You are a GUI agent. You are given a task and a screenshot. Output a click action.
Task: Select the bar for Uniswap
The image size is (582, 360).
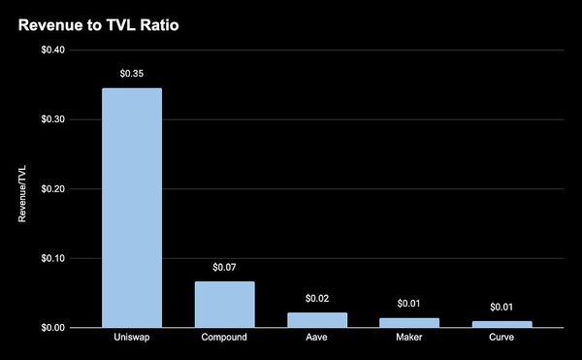coord(132,208)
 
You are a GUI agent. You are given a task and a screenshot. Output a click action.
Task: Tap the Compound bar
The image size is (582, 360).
coord(225,305)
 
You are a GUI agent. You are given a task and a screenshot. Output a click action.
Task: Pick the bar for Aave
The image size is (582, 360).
coord(317,320)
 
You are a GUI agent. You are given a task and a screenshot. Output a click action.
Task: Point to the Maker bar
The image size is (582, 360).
coord(409,323)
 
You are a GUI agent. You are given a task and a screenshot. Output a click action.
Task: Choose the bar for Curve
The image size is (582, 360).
coord(502,324)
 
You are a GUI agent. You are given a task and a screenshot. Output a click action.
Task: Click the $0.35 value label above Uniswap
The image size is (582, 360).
coord(132,73)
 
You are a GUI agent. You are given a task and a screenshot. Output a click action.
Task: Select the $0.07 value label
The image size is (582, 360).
coord(225,266)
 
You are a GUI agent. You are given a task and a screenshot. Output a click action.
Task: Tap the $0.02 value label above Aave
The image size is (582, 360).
coord(317,297)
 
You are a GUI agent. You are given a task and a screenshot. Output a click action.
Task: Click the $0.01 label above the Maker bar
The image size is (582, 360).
coord(409,303)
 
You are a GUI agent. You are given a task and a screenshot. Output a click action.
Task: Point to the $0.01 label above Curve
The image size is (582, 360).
coord(502,307)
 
